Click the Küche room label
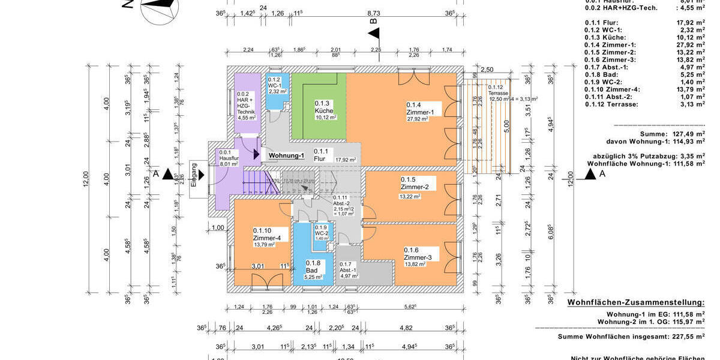(324, 111)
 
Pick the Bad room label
(312, 271)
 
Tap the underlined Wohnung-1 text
(286, 156)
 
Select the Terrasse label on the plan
(497, 94)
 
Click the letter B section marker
(374, 22)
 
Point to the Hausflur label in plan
(229, 158)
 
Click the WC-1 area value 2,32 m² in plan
(277, 92)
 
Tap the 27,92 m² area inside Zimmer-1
(417, 119)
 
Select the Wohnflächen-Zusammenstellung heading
(635, 303)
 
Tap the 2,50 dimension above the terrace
(487, 70)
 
